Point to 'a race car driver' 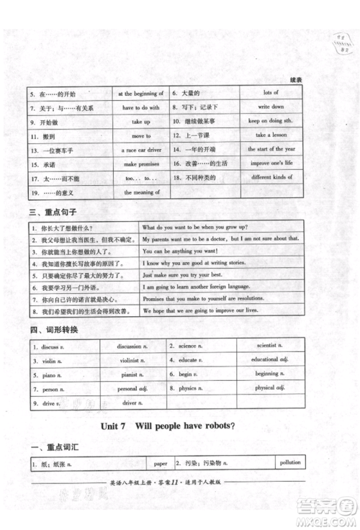[140, 150]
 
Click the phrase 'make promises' [140, 164]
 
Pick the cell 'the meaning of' [140, 192]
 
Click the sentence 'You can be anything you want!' [180, 251]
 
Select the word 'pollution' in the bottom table [290, 462]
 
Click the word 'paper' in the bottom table [158, 464]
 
